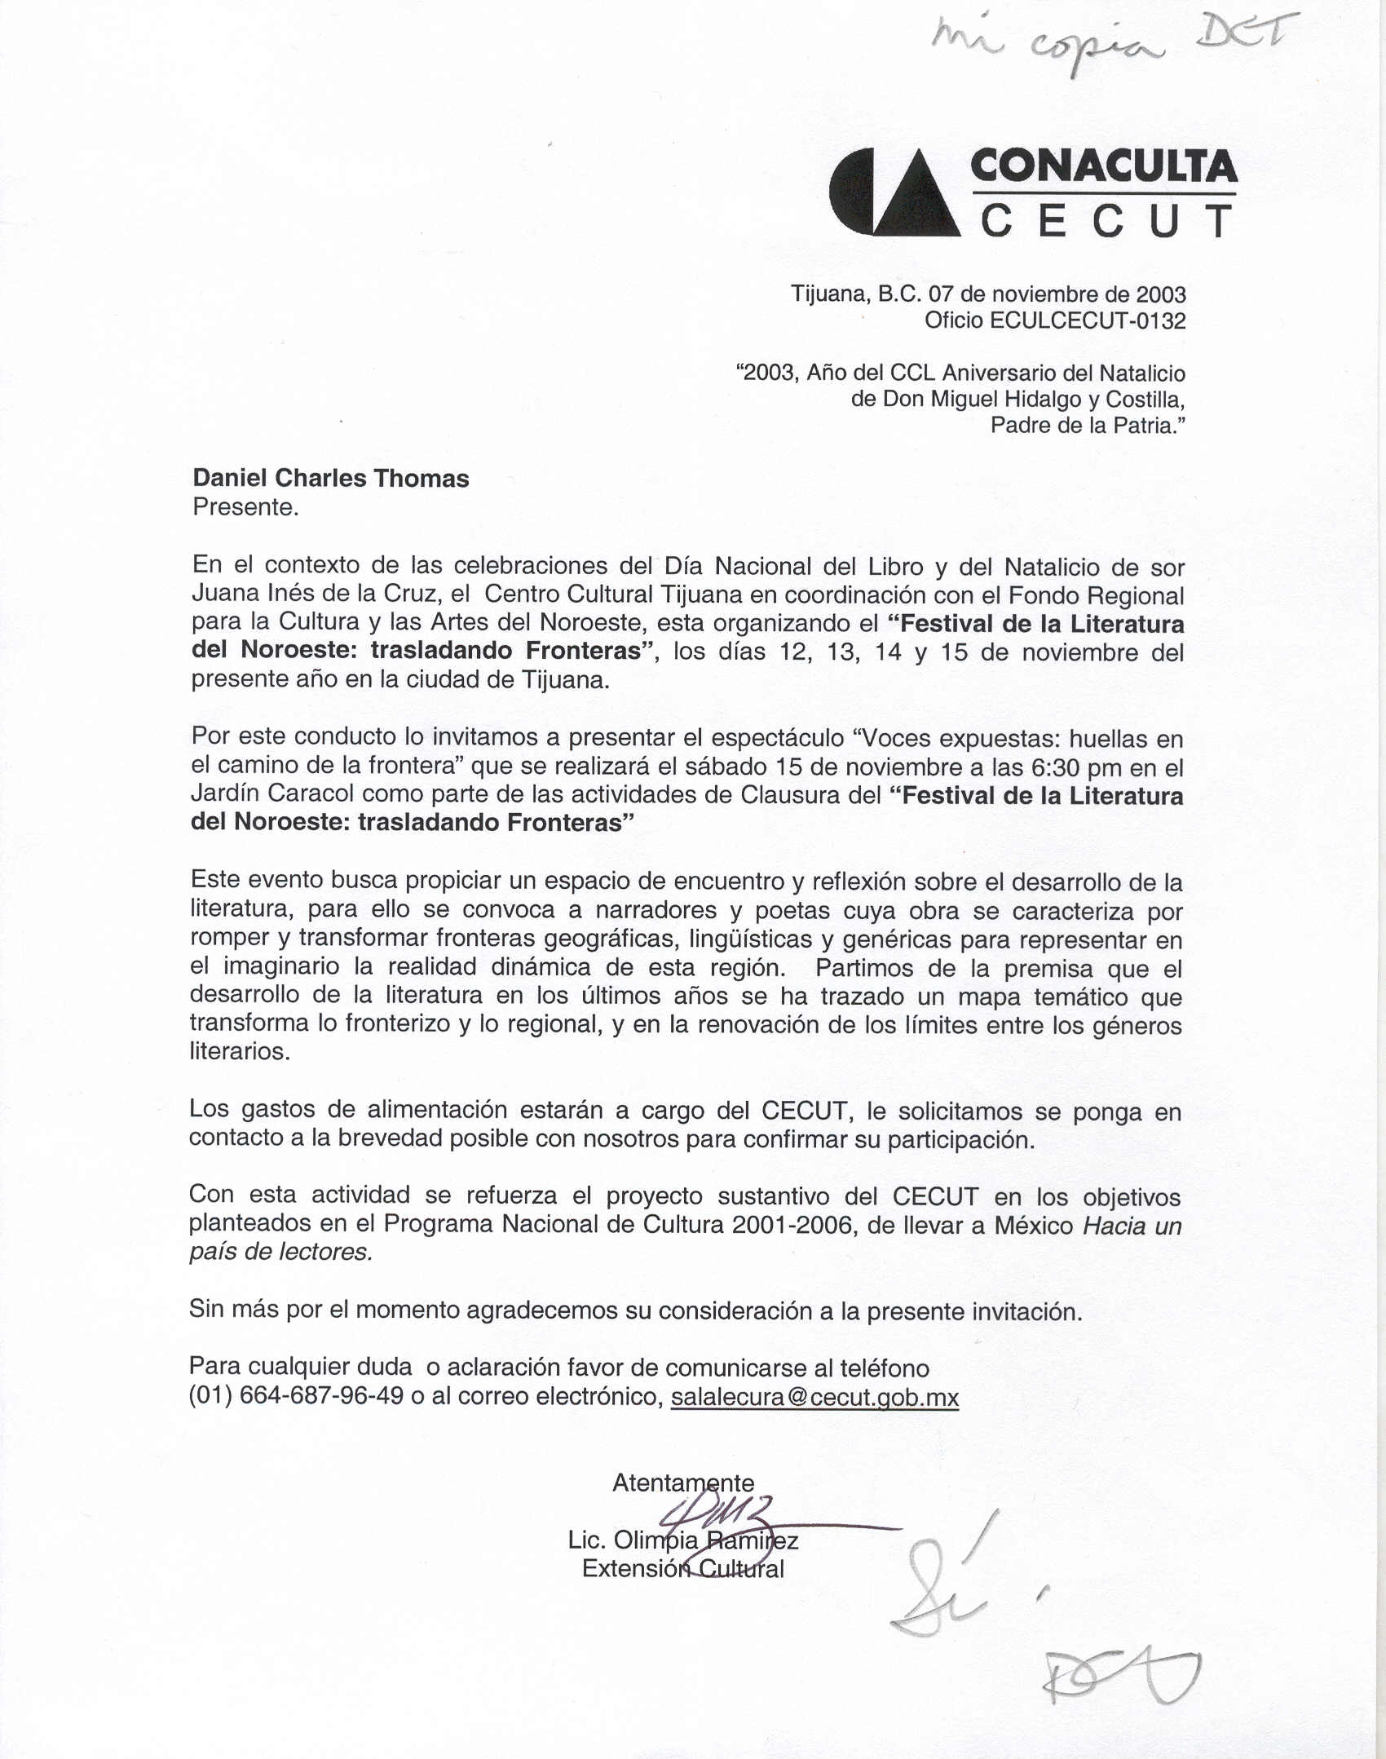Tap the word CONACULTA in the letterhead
tap(1104, 166)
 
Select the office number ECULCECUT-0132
tap(1088, 320)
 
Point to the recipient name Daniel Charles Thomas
tap(331, 478)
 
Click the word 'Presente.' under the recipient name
tap(245, 507)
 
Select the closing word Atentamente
tap(683, 1483)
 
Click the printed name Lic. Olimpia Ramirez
tap(683, 1540)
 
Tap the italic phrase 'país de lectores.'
tap(281, 1252)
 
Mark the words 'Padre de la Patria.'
tap(1088, 426)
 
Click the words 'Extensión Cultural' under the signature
tap(683, 1569)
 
